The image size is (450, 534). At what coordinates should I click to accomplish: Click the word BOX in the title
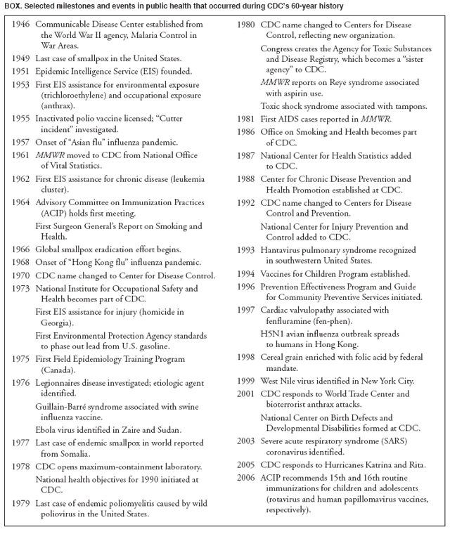coord(13,6)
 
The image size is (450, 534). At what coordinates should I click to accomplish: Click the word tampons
coord(409,107)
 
